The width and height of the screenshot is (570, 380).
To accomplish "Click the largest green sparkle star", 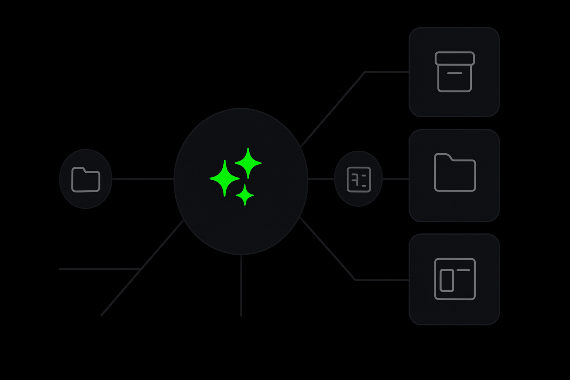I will point(225,178).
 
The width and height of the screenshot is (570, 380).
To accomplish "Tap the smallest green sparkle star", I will point(245,195).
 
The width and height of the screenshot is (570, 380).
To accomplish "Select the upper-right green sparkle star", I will point(248,163).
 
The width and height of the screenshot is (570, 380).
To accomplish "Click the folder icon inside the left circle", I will point(86,180).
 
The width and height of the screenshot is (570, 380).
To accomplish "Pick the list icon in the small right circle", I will point(358,180).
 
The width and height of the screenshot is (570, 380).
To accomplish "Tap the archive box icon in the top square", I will point(455,72).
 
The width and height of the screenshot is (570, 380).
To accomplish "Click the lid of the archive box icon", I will point(455,58).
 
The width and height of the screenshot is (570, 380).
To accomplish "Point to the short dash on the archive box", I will point(455,73).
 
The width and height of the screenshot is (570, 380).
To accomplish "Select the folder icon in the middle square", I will point(455,173).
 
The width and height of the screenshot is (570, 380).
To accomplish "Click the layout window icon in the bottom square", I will point(455,279).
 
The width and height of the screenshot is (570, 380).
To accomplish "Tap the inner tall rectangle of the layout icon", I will point(447,281).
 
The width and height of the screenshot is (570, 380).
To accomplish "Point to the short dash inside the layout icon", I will point(463,271).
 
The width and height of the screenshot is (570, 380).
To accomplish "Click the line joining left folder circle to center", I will point(143,179).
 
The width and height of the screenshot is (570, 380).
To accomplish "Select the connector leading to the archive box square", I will point(334,108).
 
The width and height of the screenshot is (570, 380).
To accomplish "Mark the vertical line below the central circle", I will point(241,286).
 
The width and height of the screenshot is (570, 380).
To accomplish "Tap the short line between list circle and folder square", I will point(396,179).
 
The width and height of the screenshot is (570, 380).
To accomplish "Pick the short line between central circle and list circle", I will point(321,179).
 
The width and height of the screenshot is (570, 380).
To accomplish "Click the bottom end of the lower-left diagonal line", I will point(102,315).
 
